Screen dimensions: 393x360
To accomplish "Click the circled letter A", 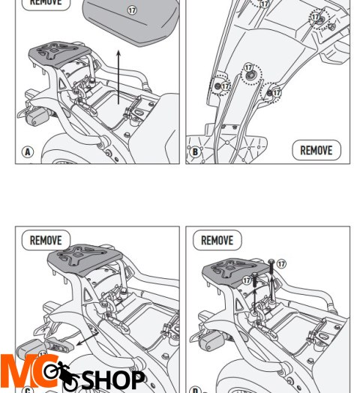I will click(x=28, y=152).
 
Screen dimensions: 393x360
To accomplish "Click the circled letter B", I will click(x=196, y=152).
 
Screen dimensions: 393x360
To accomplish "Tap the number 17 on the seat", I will click(x=132, y=11).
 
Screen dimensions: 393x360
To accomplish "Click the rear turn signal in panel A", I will click(x=34, y=118).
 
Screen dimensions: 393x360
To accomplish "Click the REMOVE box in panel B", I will click(x=316, y=150).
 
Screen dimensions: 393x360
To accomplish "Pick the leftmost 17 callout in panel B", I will click(x=224, y=86).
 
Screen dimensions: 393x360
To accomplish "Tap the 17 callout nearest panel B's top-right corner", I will click(x=316, y=16).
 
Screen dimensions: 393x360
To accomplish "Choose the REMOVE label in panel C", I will click(x=46, y=240).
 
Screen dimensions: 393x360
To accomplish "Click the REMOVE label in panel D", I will click(x=217, y=240).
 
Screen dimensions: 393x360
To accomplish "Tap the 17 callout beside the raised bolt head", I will click(x=281, y=264).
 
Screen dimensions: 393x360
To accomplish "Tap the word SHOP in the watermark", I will click(x=112, y=379).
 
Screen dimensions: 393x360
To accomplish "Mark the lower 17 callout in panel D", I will click(x=247, y=280).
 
